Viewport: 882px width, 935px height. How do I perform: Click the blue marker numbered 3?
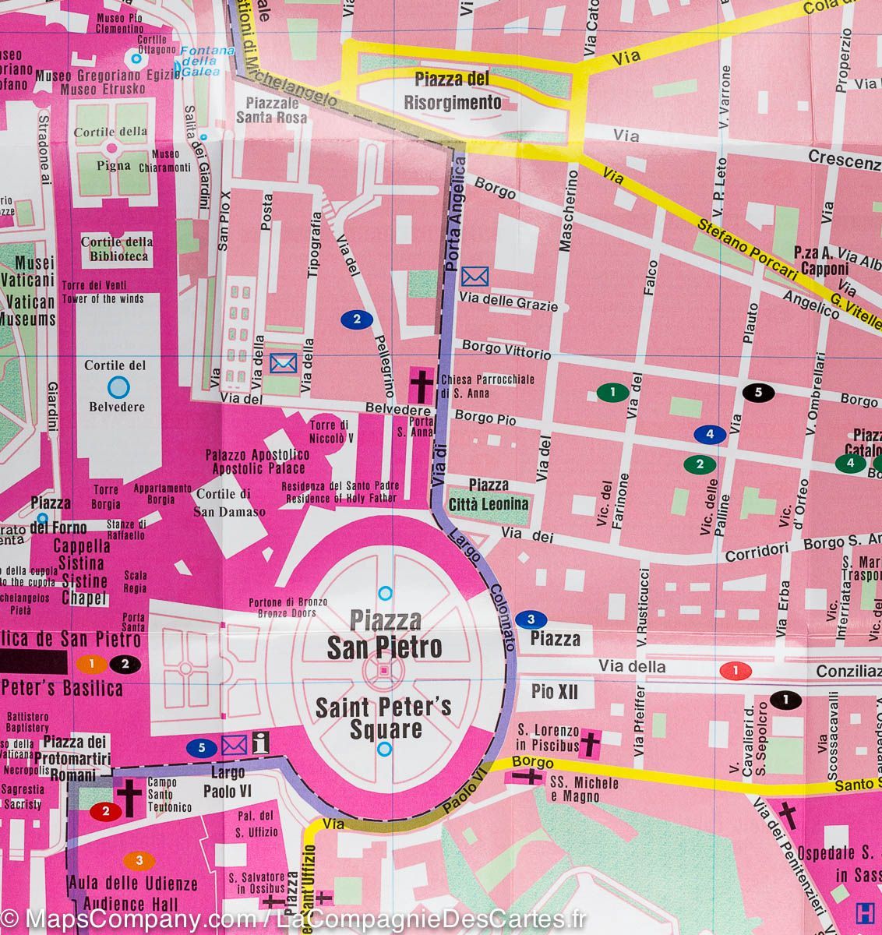(x=531, y=619)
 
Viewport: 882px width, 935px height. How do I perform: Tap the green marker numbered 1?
(x=613, y=392)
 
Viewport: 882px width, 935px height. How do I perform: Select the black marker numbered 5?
(x=758, y=392)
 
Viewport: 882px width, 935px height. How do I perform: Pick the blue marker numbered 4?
(x=709, y=434)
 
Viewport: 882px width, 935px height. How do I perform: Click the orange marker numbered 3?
(x=139, y=860)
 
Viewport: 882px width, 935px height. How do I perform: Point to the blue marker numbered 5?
(x=202, y=748)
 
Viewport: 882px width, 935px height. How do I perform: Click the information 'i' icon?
(x=260, y=744)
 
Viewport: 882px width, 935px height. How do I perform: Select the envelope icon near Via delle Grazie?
(x=475, y=276)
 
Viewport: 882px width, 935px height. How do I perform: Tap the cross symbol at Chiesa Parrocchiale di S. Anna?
(x=422, y=383)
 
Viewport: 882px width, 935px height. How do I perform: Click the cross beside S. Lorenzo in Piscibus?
(x=591, y=743)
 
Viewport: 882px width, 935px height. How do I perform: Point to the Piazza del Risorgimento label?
(x=452, y=90)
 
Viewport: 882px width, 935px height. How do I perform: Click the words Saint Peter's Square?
(x=383, y=718)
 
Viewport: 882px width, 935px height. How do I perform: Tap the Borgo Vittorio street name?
(x=506, y=349)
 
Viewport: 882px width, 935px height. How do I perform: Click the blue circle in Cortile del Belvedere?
(x=118, y=385)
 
